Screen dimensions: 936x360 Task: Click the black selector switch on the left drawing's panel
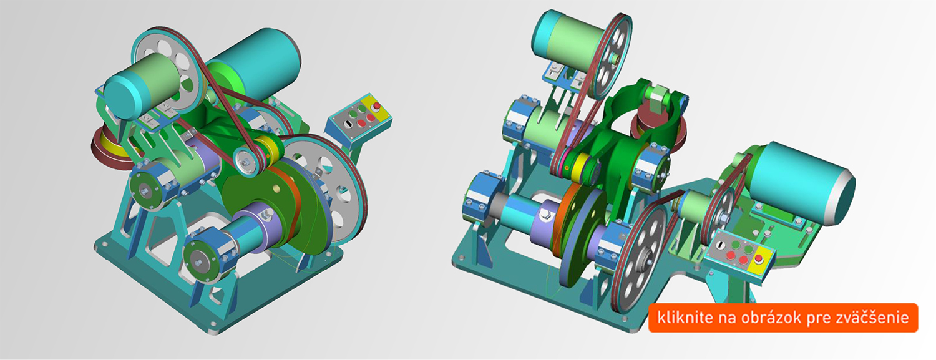click(x=347, y=124)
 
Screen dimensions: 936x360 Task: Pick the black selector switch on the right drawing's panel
click(x=720, y=246)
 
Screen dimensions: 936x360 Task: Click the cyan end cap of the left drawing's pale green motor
click(x=121, y=96)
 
